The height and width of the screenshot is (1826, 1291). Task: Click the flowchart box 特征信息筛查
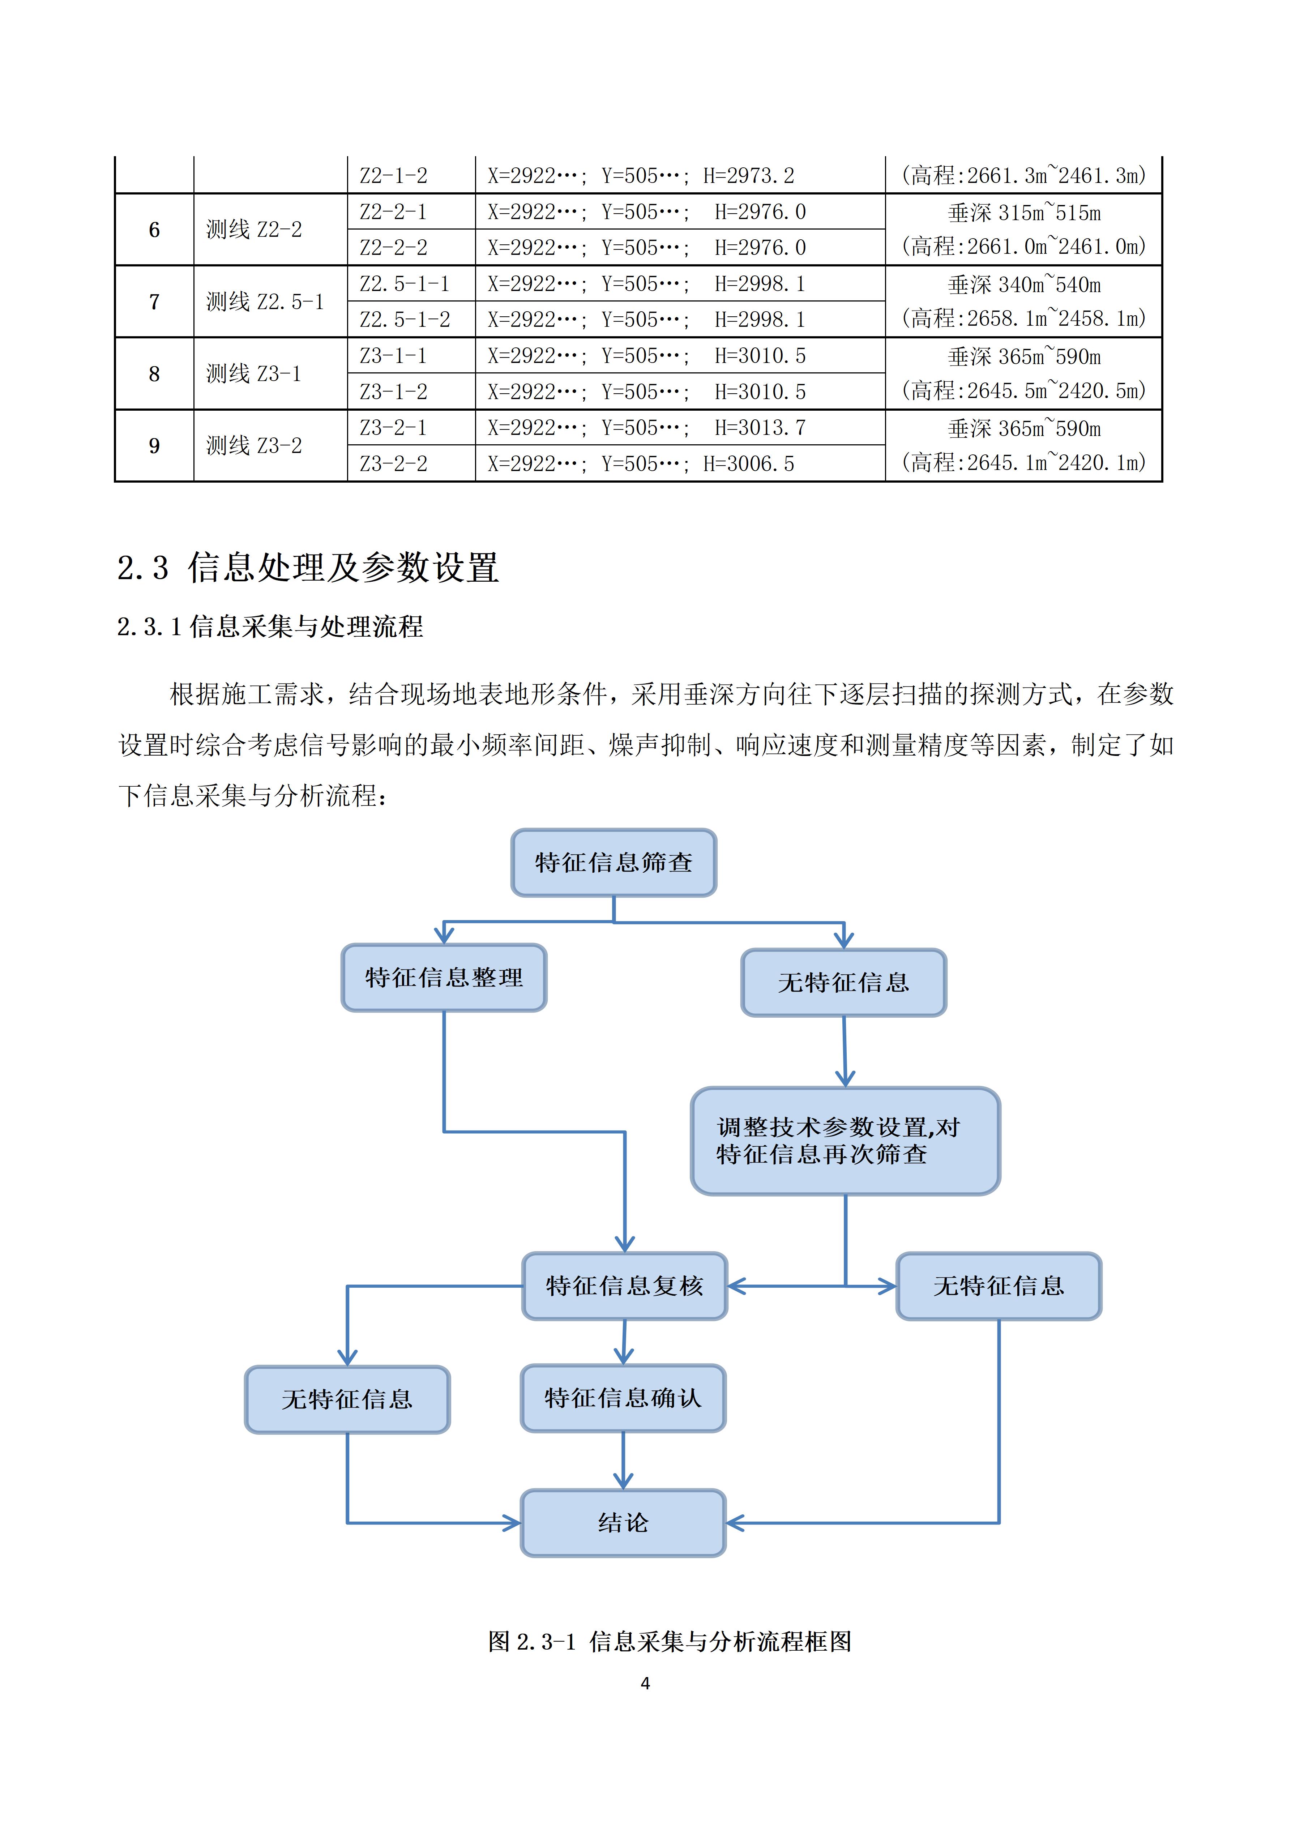coord(613,863)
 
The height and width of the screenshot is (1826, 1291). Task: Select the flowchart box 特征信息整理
coord(444,978)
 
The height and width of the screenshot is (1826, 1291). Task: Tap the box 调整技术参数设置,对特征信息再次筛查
coord(845,1141)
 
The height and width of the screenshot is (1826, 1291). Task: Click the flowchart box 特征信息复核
coord(624,1286)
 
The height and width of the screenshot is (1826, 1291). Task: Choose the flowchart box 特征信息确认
coord(623,1398)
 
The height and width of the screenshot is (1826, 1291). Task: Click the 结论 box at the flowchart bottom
coord(623,1523)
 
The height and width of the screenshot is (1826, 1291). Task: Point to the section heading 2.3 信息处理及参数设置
coord(308,568)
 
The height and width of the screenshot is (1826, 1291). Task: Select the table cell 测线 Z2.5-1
coord(265,302)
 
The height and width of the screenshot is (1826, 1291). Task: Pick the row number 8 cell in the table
coord(154,374)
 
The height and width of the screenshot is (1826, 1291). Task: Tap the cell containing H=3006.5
coord(680,464)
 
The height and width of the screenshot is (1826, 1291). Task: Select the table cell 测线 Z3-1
coord(254,374)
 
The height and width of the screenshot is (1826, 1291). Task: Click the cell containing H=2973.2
coord(680,175)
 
